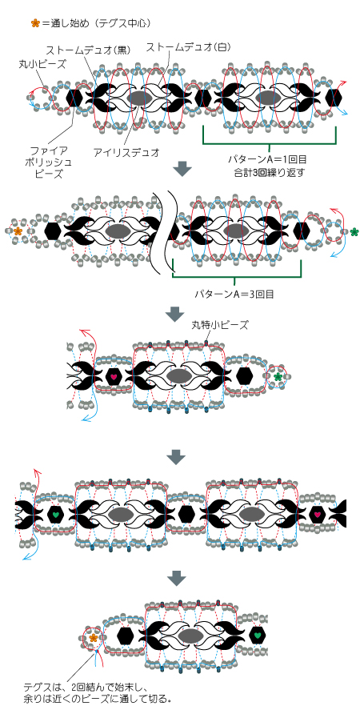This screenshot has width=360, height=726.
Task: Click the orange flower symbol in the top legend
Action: pos(35,23)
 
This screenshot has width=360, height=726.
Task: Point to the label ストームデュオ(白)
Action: pos(188,47)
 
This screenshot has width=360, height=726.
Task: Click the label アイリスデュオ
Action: pos(126,151)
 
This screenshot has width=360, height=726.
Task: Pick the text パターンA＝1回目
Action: pos(268,160)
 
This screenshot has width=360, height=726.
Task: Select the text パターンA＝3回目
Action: pos(234,294)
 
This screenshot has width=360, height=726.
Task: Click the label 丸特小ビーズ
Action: pos(219,325)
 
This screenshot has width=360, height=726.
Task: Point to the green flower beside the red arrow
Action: pos(354,232)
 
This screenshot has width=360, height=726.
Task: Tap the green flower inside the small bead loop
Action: pos(278,377)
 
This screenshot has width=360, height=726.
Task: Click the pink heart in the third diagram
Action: pos(114,376)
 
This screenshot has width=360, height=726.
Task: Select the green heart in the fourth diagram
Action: pos(55,514)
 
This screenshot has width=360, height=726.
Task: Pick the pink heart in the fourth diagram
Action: pos(318,515)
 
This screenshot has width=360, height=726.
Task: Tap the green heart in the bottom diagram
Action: pos(258,635)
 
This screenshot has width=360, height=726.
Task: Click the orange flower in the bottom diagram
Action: pos(94,638)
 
